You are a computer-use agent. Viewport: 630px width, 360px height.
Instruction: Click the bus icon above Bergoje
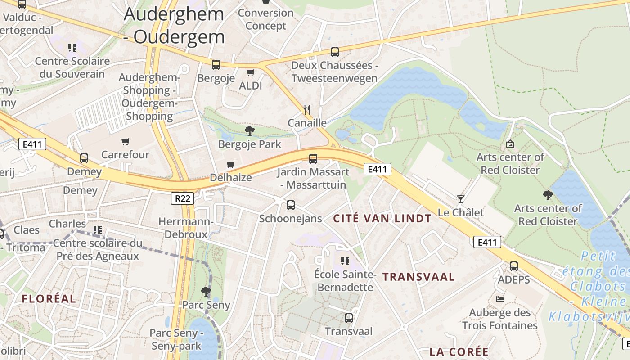(x=216, y=65)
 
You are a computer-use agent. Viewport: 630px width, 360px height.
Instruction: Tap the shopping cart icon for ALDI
(x=250, y=72)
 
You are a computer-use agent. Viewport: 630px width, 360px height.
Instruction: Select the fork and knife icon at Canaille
(x=307, y=109)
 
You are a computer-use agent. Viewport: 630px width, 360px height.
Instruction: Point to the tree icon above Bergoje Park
(x=249, y=131)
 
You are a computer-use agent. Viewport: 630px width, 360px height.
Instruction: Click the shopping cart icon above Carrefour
(x=126, y=142)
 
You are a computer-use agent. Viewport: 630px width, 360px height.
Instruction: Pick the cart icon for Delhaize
(x=231, y=164)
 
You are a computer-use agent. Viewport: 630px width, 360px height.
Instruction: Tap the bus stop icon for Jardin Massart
(x=313, y=158)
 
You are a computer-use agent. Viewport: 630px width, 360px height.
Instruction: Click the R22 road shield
(x=182, y=198)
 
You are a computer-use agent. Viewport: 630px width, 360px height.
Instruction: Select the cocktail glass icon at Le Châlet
(x=460, y=199)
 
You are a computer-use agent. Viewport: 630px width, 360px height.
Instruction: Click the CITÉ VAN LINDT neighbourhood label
(x=382, y=219)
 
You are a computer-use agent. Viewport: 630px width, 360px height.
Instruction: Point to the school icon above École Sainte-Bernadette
(x=345, y=261)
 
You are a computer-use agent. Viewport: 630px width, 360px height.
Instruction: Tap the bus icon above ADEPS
(x=514, y=266)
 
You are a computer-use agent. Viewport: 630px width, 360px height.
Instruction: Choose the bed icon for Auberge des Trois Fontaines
(x=499, y=299)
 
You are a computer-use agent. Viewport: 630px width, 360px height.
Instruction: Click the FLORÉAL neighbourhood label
(x=49, y=298)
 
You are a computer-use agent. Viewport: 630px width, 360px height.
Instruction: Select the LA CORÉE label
(x=459, y=351)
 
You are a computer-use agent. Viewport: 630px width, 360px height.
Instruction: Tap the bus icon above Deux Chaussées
(x=334, y=52)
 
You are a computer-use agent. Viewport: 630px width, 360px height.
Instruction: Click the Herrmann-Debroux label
(x=186, y=228)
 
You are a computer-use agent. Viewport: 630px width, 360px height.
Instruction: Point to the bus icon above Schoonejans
(x=291, y=205)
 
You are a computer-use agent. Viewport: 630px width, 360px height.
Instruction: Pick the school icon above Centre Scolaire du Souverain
(x=72, y=48)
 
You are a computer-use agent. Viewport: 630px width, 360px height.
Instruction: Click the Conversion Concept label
(x=265, y=19)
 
